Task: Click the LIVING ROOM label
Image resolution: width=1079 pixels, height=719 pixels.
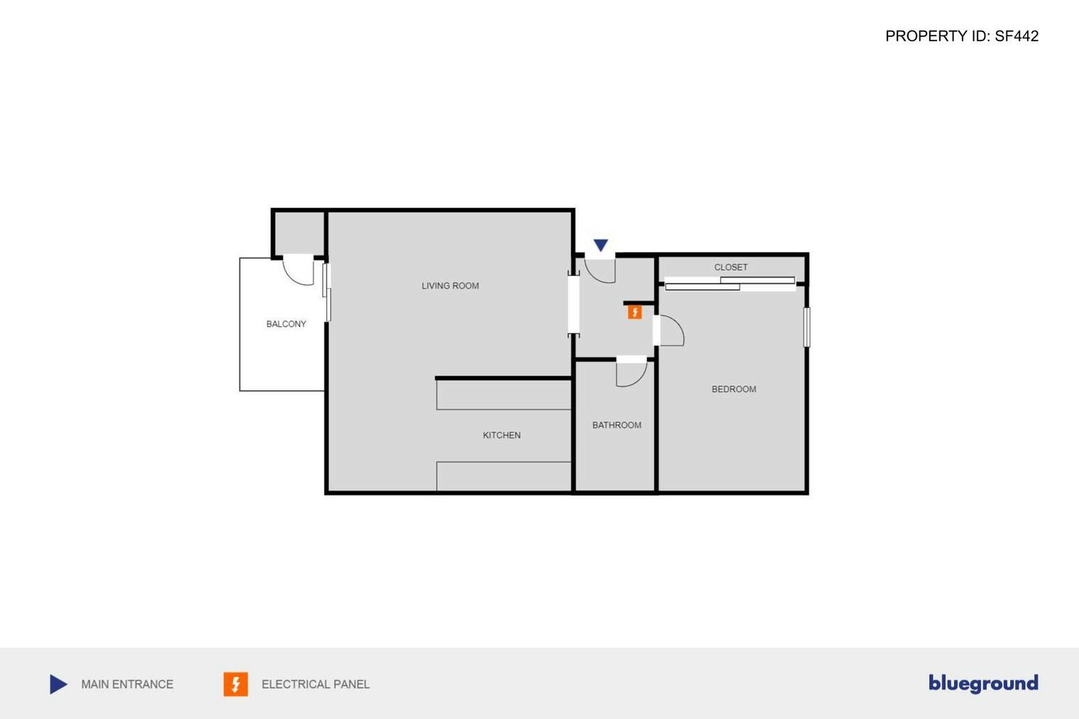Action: point(450,286)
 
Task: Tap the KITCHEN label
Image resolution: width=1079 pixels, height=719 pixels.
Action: point(501,435)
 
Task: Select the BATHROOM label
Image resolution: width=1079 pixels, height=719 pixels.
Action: point(616,425)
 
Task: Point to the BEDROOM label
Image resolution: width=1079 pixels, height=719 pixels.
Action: point(733,389)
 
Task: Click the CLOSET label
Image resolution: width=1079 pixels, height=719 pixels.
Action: point(730,268)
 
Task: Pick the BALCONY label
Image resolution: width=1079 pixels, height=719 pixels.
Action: point(286,324)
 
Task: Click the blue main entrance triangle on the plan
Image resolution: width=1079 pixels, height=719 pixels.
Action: point(601,246)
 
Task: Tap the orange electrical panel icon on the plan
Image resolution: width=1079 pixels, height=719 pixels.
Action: point(635,312)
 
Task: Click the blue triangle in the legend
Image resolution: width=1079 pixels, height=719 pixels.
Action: point(58,684)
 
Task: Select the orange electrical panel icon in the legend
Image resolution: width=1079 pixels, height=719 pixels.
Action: point(236,684)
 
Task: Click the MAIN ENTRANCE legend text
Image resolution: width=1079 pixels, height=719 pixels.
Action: point(127,684)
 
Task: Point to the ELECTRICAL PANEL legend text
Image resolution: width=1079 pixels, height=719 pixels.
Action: point(315,684)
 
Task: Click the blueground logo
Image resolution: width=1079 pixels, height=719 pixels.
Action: point(983,684)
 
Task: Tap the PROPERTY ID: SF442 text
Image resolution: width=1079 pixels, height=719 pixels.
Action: point(962,36)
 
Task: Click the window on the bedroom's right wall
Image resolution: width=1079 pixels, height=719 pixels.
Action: point(806,327)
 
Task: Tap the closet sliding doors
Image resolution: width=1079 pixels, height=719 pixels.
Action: point(730,284)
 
